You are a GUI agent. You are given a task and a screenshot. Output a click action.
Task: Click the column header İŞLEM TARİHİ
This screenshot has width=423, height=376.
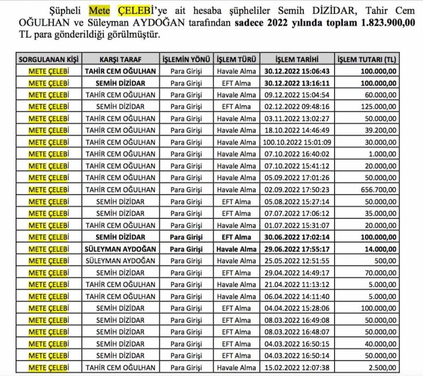click(296, 59)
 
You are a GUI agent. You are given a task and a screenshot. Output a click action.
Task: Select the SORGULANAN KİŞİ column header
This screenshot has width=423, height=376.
click(50, 59)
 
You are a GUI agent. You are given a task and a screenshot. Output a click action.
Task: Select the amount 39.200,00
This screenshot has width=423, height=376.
click(381, 130)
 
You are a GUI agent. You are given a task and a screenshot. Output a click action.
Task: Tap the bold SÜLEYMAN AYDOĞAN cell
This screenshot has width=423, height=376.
click(121, 249)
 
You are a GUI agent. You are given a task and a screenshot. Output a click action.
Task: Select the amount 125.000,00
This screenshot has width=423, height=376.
click(379, 107)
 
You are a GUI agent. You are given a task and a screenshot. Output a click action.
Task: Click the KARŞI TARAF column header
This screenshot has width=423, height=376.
click(121, 59)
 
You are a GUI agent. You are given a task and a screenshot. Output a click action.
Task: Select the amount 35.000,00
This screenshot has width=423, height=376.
click(381, 213)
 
